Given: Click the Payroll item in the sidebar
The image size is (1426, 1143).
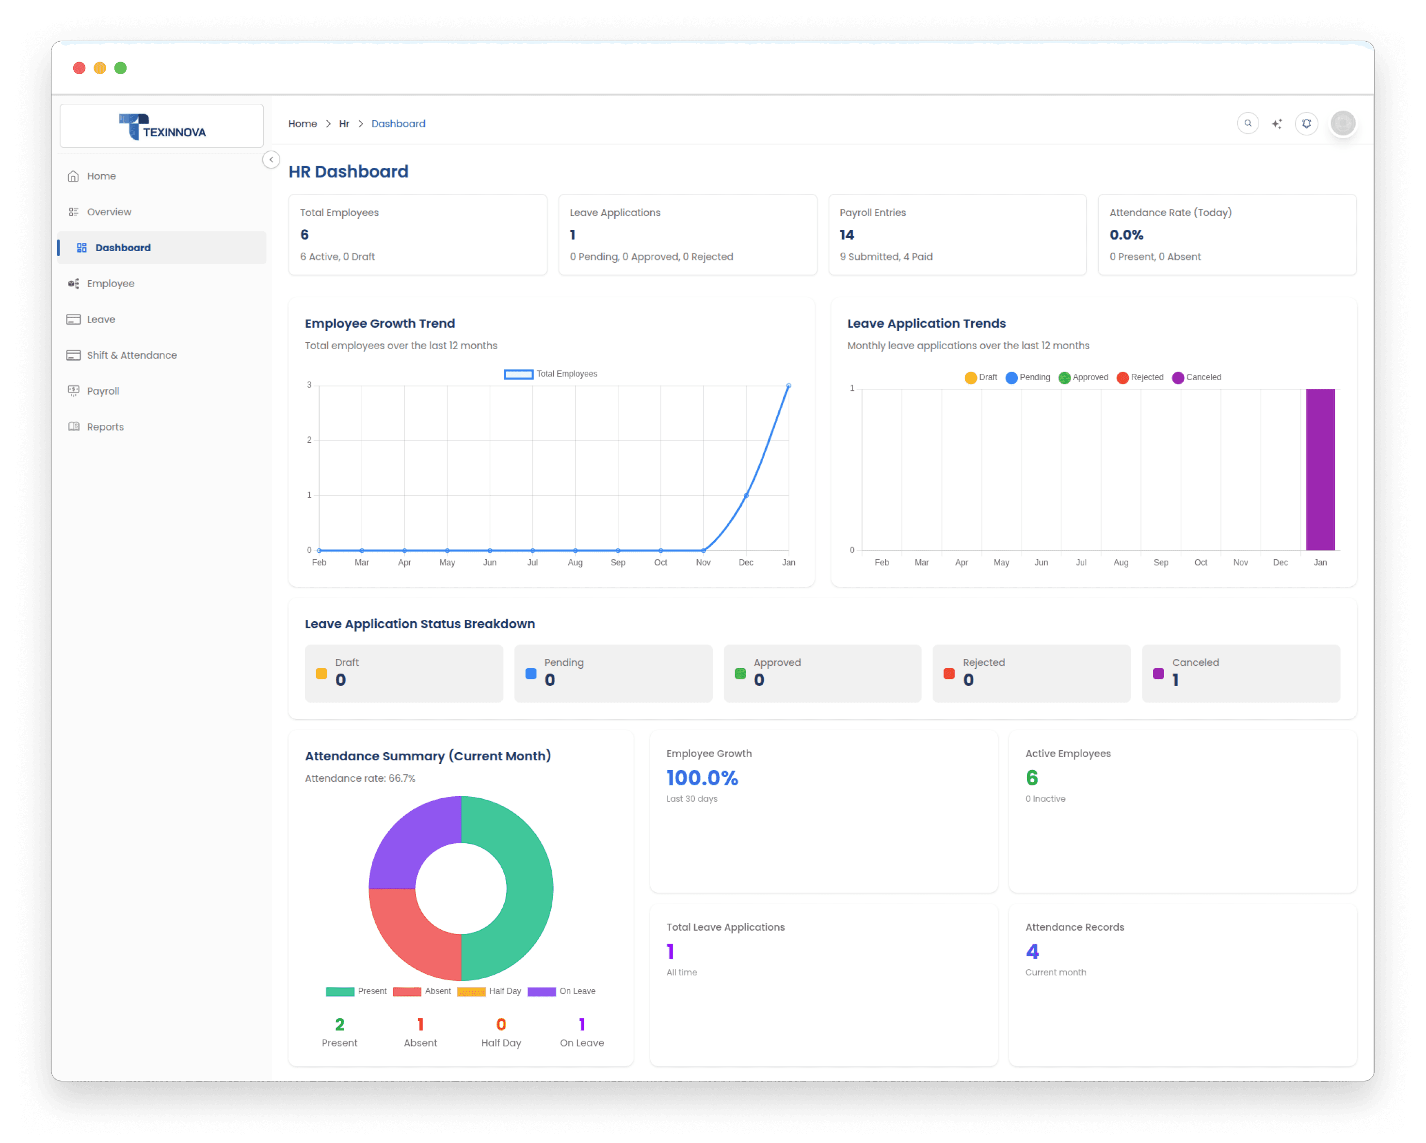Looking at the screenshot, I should coord(102,391).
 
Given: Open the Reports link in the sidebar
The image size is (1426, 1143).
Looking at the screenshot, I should coord(105,427).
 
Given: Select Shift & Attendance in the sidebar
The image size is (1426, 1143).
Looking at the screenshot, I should coord(131,355).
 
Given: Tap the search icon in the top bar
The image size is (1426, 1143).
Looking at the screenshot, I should coord(1248,124).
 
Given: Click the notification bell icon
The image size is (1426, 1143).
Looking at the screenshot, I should coord(1306,124).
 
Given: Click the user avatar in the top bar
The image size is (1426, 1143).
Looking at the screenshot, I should coord(1343,124).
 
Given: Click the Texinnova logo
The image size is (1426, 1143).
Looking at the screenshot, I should coord(162,127).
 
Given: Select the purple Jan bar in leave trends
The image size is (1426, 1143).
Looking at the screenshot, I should coord(1320,469).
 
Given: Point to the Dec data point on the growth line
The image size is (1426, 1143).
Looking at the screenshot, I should coord(746,496).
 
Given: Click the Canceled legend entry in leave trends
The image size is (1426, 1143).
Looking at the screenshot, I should coord(1197,378).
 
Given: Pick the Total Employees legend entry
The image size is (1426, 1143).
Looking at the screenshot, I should coord(551,374).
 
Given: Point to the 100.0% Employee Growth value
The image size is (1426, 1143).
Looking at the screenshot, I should coord(702,778).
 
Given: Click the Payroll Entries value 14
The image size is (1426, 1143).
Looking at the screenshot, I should coord(847,235).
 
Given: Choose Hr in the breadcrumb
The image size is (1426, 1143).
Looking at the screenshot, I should coord(344,124).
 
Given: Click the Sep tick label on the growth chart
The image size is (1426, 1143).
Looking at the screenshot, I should coord(618,563).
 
